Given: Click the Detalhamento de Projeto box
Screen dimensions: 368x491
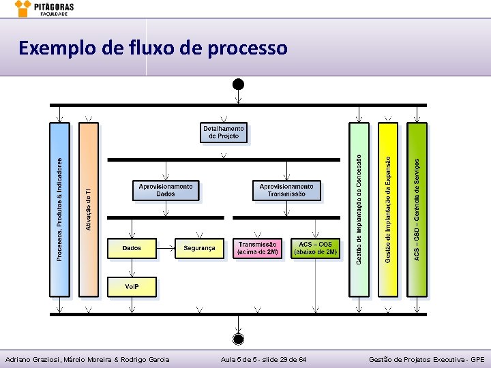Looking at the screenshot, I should point(224,132).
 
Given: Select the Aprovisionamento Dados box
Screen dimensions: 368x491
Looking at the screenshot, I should point(166,190).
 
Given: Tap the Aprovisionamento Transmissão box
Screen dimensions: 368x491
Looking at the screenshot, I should point(286,190).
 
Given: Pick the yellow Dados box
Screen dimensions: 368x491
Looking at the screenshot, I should point(132,248).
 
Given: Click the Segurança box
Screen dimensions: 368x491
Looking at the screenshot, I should point(199,248).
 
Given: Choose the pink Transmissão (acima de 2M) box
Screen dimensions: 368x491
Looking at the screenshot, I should point(257,248).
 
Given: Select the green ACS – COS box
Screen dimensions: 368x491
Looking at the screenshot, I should point(315,248).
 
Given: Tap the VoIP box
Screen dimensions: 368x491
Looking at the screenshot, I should point(132,287).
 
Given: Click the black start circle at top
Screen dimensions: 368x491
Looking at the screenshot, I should point(238,84).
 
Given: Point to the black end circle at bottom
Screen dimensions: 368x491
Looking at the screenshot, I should point(238,339).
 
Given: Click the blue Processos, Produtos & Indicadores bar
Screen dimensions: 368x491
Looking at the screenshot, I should point(59,209).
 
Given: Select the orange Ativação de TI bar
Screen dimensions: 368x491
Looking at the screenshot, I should point(89,209).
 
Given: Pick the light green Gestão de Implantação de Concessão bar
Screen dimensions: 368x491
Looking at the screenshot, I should point(359,209).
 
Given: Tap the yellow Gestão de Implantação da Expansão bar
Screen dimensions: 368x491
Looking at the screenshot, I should point(387,209).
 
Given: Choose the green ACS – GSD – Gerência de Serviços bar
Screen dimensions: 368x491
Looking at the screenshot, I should point(417,209).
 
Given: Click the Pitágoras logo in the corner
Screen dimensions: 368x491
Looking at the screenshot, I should point(45,9).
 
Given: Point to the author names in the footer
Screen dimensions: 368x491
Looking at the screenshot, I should point(87,359).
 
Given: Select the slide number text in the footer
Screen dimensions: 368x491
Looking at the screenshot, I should point(263,359).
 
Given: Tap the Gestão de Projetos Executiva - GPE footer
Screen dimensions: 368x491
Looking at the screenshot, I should point(426,359).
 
